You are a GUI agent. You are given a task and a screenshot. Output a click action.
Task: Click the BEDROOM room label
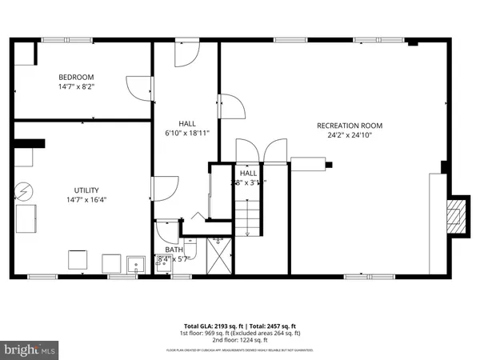(74, 76)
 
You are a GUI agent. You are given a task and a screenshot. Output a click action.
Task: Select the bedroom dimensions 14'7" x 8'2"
(74, 86)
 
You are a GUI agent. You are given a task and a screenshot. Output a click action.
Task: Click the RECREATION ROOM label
(350, 126)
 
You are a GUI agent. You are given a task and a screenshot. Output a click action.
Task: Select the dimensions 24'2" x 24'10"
(350, 135)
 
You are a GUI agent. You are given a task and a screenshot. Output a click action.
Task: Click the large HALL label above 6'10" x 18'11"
(187, 123)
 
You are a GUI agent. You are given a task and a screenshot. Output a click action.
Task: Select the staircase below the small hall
(248, 218)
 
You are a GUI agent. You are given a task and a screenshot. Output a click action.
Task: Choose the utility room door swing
(165, 188)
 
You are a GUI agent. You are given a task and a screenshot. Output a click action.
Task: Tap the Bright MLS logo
(30, 349)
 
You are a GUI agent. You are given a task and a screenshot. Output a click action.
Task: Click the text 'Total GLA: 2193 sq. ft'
(211, 327)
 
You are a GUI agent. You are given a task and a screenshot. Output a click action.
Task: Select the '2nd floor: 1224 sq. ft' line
(240, 342)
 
